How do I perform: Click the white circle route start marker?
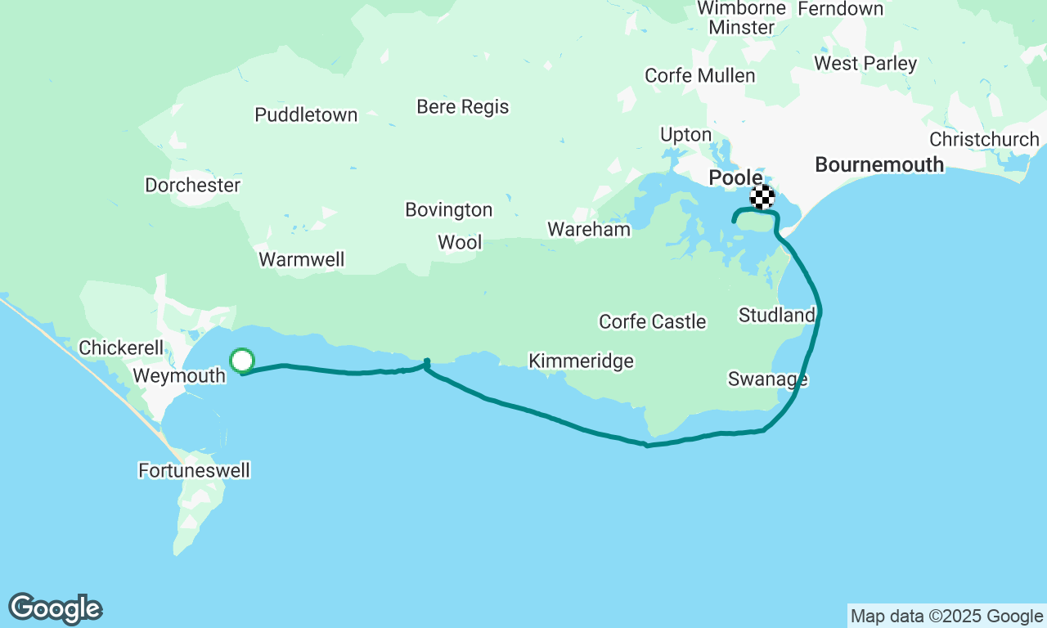click(x=242, y=361)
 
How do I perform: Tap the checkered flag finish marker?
click(x=762, y=196)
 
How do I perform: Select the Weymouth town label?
click(x=179, y=376)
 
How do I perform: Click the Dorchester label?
click(x=193, y=186)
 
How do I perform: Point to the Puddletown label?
click(x=306, y=115)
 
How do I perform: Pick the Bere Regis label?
click(x=462, y=107)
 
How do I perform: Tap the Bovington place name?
click(x=449, y=210)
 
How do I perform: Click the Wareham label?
click(x=589, y=230)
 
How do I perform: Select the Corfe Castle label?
click(x=652, y=322)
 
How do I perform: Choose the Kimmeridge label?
click(x=581, y=361)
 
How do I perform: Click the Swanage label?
click(x=768, y=379)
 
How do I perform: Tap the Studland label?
click(x=776, y=316)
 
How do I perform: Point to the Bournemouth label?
click(x=879, y=165)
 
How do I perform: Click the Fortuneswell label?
click(x=194, y=471)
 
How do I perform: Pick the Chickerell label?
click(x=121, y=348)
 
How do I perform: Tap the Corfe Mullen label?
click(x=699, y=76)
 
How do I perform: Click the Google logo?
click(x=55, y=609)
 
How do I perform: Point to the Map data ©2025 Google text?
click(x=946, y=617)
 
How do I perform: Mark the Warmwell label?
click(x=301, y=260)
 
